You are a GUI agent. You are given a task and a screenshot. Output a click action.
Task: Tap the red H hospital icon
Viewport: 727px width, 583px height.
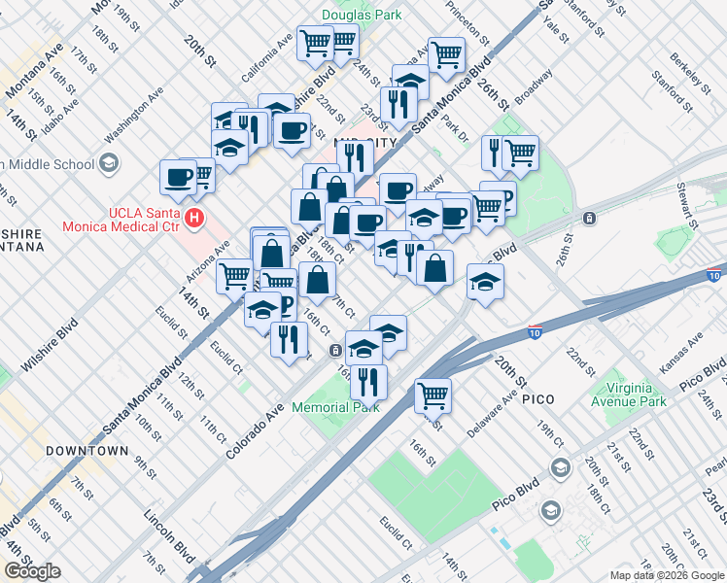[195, 219]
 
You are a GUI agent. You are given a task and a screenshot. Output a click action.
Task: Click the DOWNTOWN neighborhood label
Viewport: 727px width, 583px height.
[86, 451]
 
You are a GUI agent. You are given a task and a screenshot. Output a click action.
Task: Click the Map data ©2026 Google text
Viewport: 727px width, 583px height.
[667, 575]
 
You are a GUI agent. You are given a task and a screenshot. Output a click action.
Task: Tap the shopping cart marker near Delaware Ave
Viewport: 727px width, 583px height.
[433, 395]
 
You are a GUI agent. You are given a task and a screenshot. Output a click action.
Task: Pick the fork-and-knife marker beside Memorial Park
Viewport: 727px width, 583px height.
[368, 382]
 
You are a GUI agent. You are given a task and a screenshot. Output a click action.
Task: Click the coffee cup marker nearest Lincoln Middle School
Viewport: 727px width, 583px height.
[179, 177]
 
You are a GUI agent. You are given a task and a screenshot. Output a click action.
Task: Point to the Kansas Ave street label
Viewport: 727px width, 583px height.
[682, 355]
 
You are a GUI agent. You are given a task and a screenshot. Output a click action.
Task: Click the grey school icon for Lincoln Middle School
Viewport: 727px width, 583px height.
[108, 162]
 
